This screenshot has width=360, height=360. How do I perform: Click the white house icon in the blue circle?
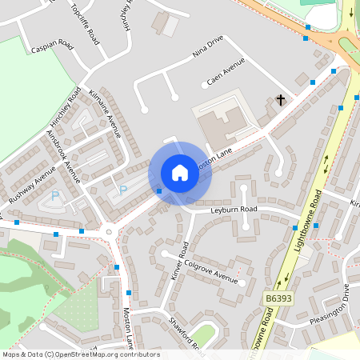180,173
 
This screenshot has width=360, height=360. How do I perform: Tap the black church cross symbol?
281,100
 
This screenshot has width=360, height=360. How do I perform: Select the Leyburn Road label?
234,210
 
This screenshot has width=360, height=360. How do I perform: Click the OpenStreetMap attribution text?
81,354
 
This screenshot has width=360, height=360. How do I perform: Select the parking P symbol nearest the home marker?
122,190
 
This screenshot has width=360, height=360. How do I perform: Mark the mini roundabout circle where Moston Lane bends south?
110,233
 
